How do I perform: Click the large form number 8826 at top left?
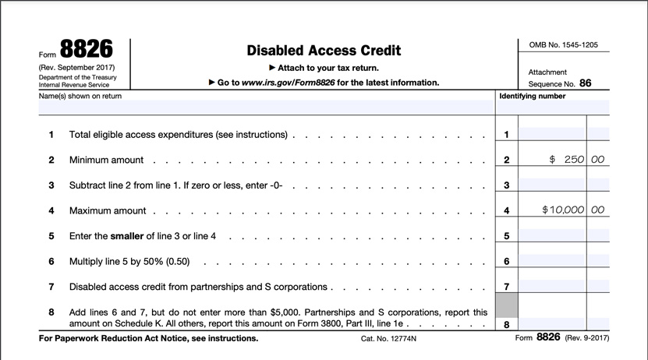(x=85, y=50)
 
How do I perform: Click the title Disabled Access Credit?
(x=324, y=51)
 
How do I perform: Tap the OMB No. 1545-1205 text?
(x=563, y=45)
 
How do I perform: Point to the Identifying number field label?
(x=532, y=97)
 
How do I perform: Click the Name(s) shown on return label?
(x=80, y=97)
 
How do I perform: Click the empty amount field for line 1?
(x=552, y=134)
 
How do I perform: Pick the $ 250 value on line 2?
(x=567, y=160)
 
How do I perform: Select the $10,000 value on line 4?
(x=563, y=210)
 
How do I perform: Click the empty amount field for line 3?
(x=552, y=185)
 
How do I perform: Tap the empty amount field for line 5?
(x=552, y=235)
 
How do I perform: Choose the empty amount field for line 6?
(x=552, y=261)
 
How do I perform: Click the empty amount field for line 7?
(x=552, y=286)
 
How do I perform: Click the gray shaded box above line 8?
(x=507, y=305)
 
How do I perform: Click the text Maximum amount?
(x=108, y=211)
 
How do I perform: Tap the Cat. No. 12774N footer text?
(x=388, y=339)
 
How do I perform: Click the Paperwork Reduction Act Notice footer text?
(x=148, y=339)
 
